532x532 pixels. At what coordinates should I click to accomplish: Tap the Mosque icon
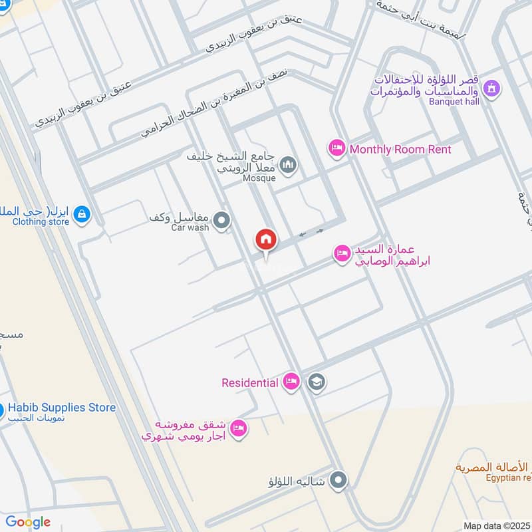click(288, 164)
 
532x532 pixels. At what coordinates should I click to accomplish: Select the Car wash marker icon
click(222, 219)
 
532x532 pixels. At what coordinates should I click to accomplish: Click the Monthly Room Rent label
click(400, 150)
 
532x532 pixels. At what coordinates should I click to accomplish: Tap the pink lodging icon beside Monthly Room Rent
click(336, 148)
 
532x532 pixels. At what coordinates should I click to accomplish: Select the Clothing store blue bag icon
click(83, 214)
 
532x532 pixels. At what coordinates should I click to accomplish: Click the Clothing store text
click(41, 221)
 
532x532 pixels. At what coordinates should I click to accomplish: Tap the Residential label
click(249, 382)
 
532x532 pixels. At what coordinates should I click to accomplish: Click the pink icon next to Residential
click(291, 382)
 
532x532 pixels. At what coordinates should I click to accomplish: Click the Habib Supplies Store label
click(63, 408)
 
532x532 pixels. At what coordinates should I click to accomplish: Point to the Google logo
click(28, 522)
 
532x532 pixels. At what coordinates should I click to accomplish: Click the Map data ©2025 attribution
click(496, 526)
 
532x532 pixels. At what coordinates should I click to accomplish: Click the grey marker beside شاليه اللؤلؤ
click(339, 479)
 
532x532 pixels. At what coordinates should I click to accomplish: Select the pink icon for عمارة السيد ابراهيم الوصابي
click(342, 253)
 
